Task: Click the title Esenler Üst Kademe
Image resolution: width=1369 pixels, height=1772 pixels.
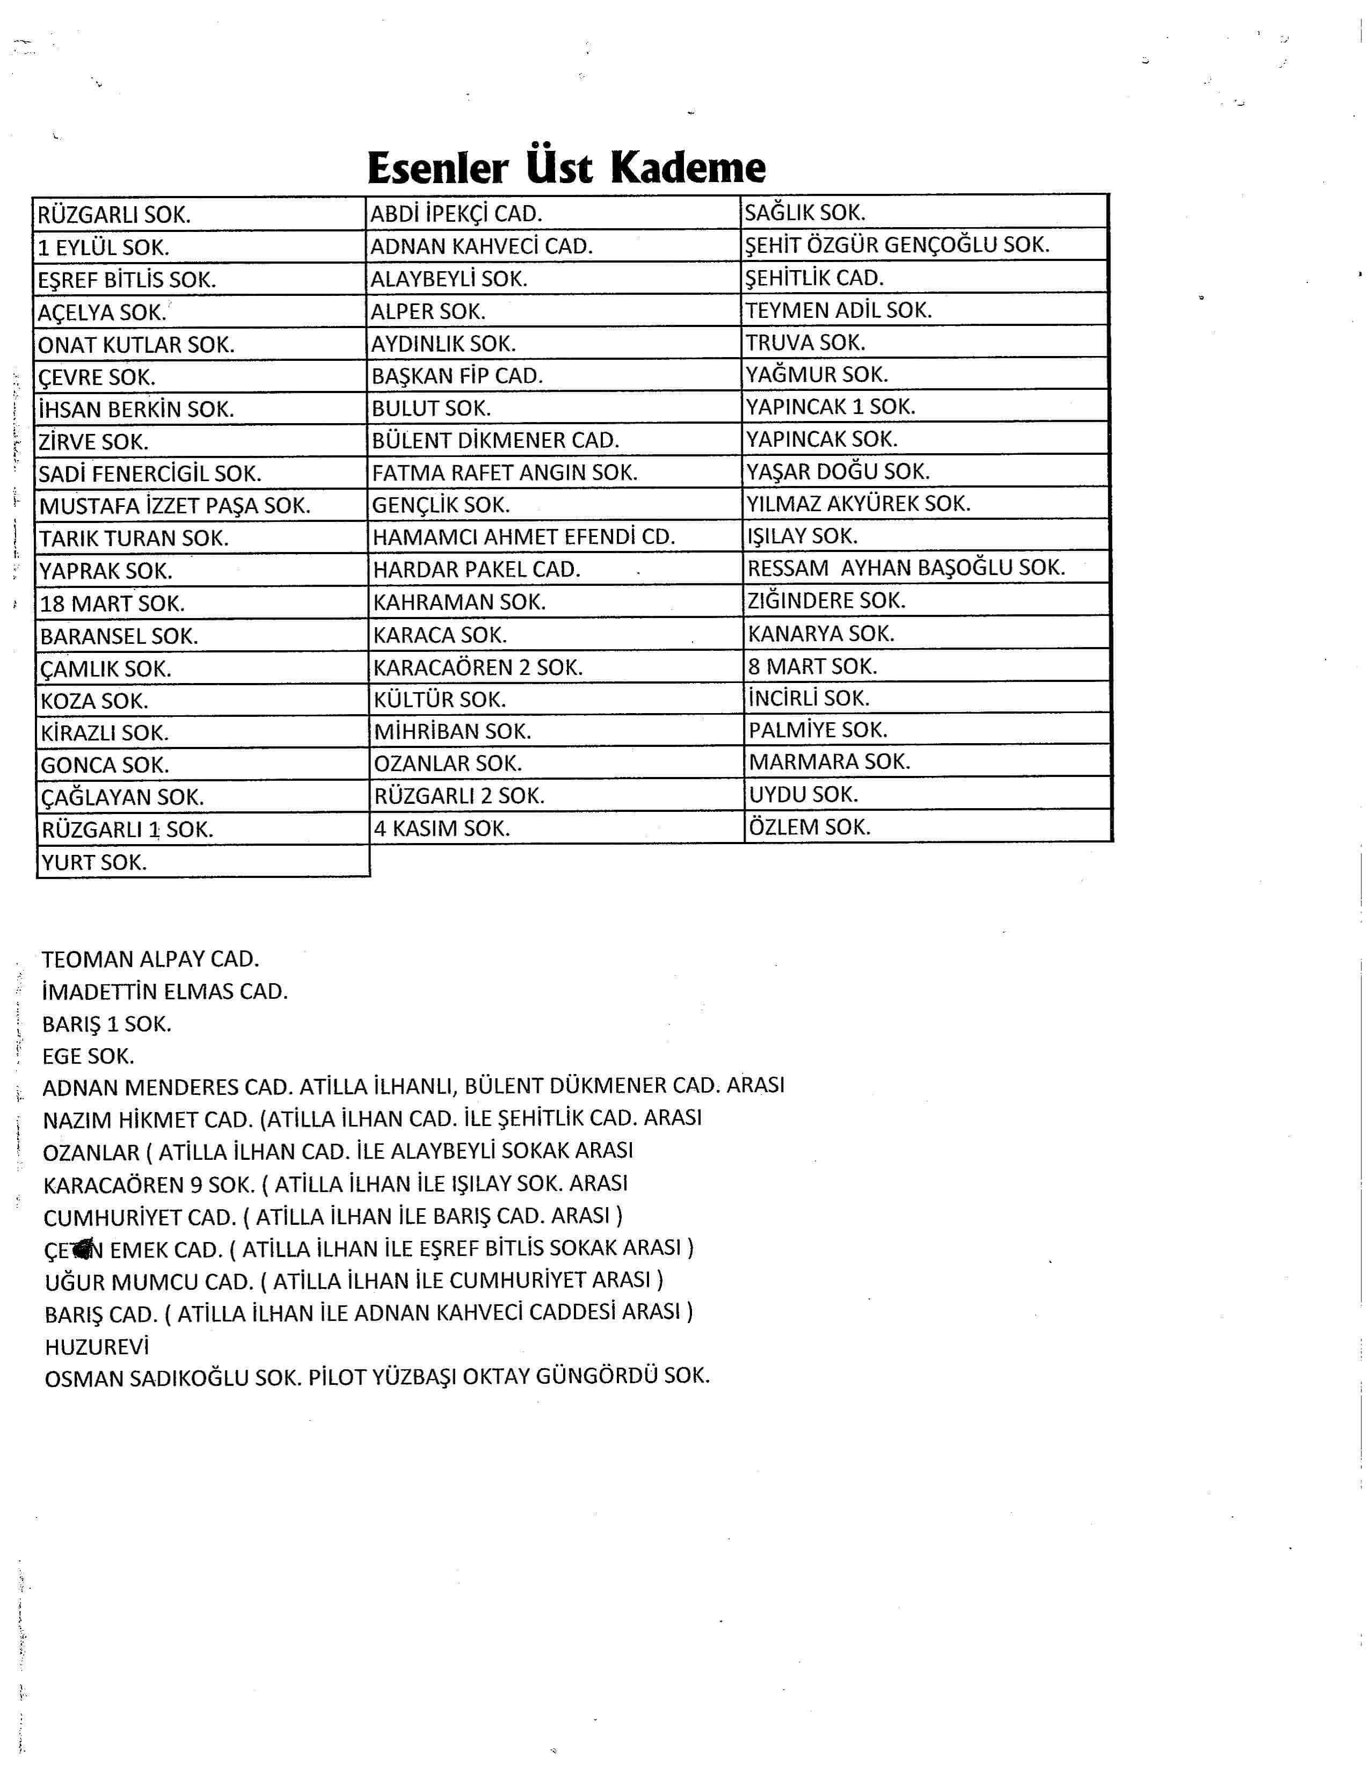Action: pyautogui.click(x=566, y=168)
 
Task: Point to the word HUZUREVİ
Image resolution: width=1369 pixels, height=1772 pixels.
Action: pyautogui.click(x=97, y=1347)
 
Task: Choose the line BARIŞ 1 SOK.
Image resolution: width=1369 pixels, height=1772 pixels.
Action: pyautogui.click(x=107, y=1024)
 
